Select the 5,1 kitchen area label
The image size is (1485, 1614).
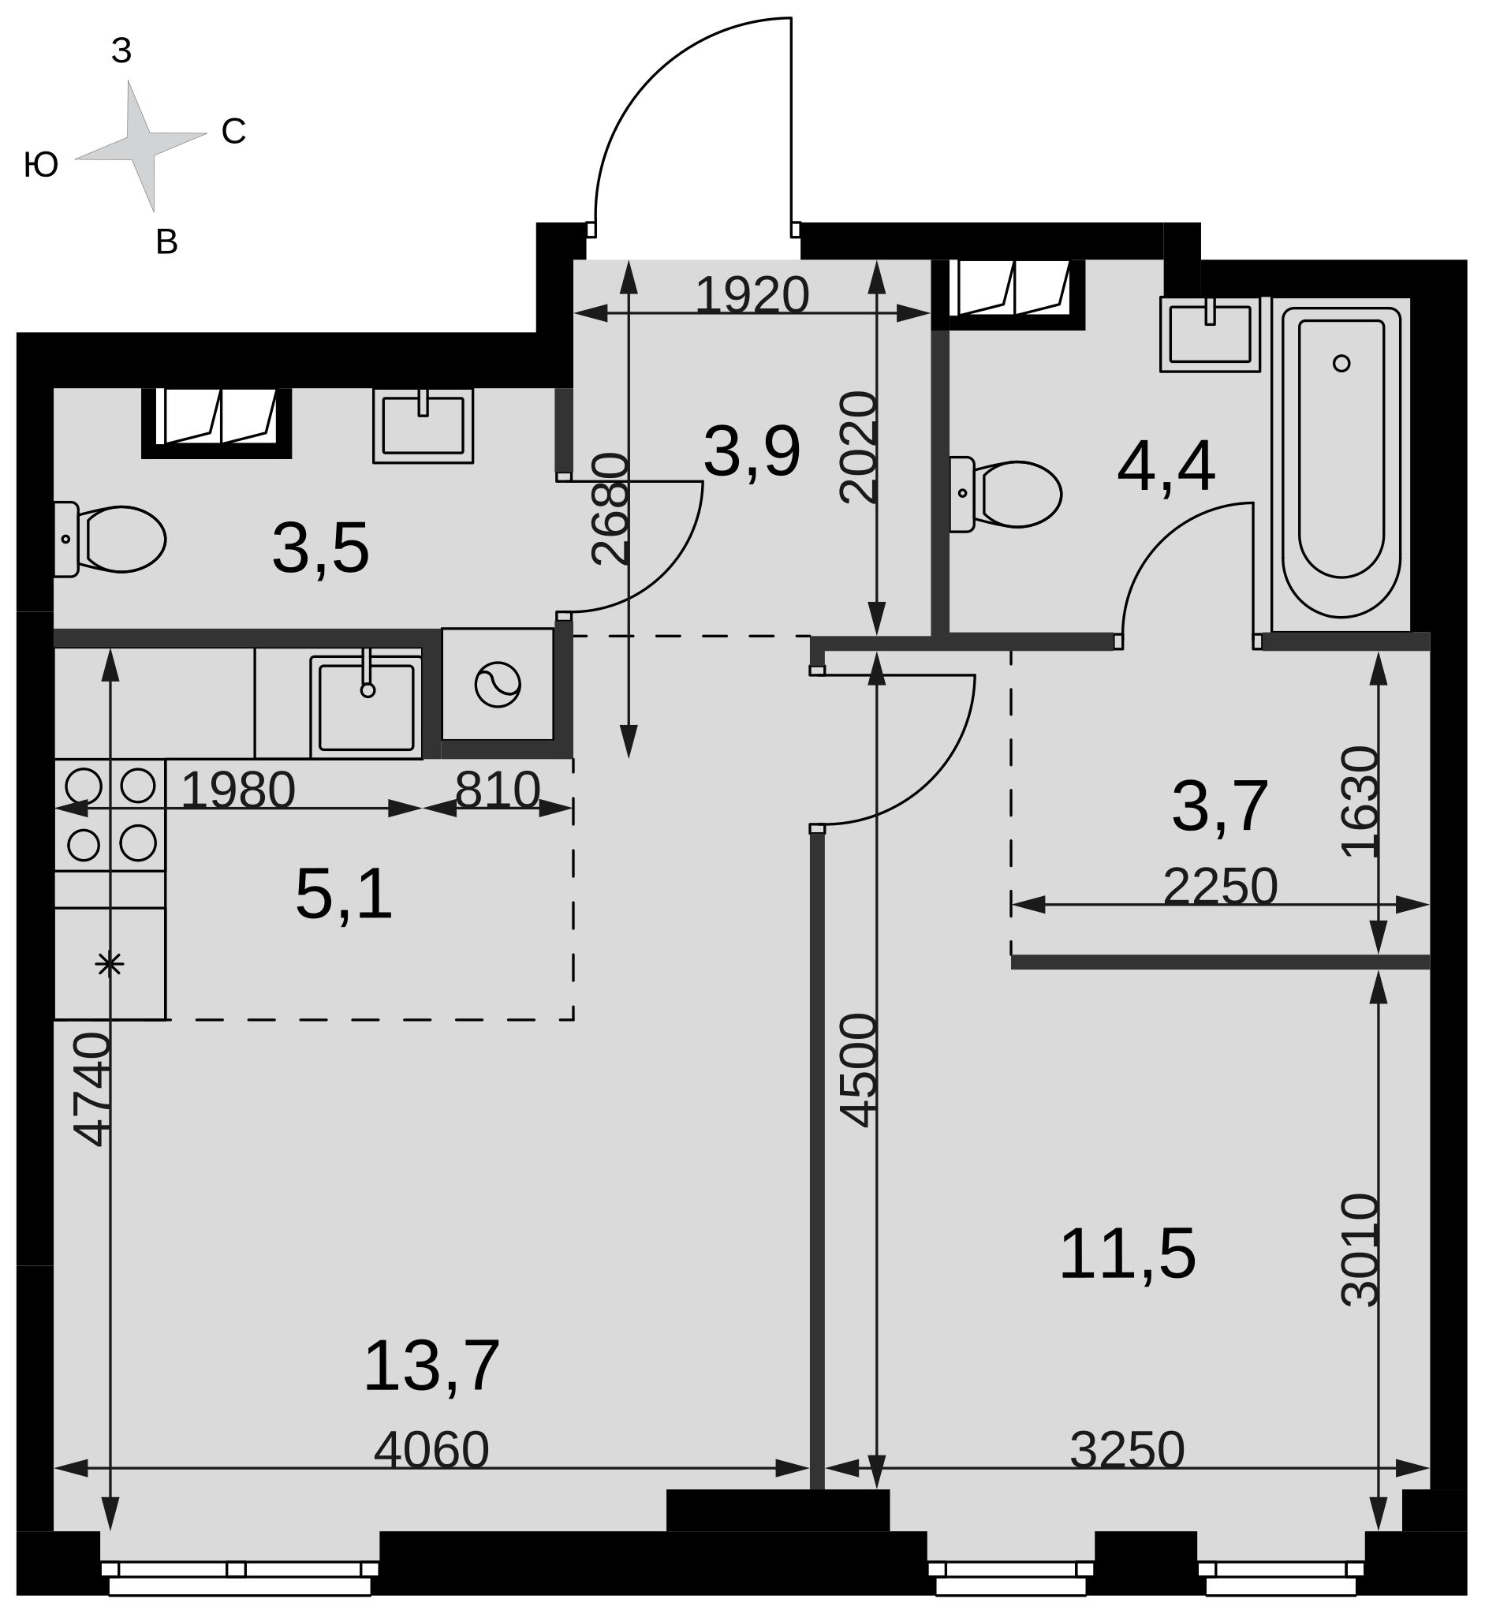(x=343, y=894)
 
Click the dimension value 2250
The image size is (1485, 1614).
(x=1220, y=886)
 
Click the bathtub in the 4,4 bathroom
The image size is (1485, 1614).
(x=1341, y=463)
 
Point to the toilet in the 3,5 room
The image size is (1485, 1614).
(x=110, y=540)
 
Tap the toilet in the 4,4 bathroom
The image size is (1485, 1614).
(x=1006, y=495)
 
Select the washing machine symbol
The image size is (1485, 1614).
(x=498, y=685)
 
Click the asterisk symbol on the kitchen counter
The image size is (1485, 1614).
(x=110, y=963)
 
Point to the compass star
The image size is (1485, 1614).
(x=140, y=146)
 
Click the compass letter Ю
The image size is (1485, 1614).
(x=41, y=165)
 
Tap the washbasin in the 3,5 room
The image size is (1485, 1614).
(x=423, y=425)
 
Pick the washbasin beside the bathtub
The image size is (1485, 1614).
(x=1211, y=334)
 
